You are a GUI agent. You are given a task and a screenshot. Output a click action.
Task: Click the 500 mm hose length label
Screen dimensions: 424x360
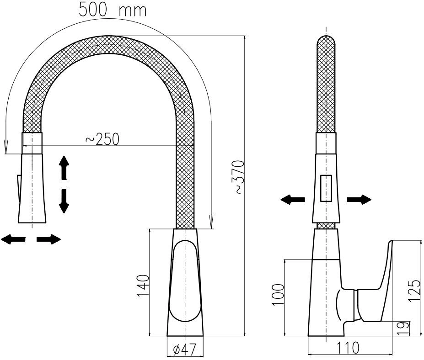(x=113, y=10)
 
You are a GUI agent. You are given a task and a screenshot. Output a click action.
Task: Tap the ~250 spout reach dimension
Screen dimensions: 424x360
(x=102, y=139)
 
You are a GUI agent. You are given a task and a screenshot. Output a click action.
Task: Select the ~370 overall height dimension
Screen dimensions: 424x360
(x=239, y=177)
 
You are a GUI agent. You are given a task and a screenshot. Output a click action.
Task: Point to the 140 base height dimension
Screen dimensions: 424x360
(x=143, y=286)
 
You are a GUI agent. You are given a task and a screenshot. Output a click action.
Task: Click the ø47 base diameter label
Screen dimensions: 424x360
(x=184, y=350)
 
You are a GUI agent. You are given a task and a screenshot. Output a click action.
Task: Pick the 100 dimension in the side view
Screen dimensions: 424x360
(x=278, y=294)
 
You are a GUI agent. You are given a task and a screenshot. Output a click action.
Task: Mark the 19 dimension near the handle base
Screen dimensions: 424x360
(x=403, y=328)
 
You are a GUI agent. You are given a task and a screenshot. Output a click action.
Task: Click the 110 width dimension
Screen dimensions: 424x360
(x=348, y=348)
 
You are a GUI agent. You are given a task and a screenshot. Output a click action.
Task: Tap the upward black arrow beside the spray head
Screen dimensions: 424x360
(x=64, y=168)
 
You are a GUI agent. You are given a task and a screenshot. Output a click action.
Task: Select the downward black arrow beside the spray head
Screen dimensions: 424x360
(x=64, y=201)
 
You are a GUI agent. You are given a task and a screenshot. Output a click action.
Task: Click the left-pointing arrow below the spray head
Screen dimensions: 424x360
(x=13, y=239)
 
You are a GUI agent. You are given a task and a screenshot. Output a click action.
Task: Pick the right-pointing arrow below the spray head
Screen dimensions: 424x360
(x=48, y=239)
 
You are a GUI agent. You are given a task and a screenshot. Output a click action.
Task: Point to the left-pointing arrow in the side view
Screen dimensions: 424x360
(x=293, y=200)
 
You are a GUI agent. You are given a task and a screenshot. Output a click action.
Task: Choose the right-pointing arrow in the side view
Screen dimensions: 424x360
(x=360, y=200)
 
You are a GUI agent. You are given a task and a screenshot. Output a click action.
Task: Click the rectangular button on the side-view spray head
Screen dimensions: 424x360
(x=326, y=189)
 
